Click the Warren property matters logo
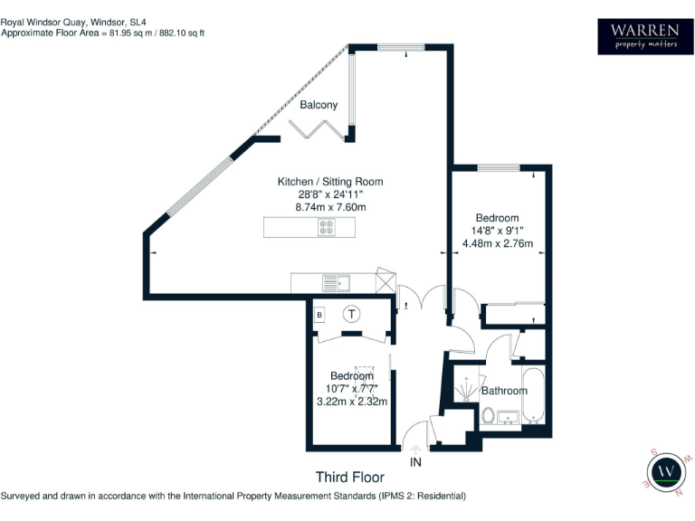pos(643,36)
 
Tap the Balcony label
pos(319,105)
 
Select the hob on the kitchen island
pos(326,228)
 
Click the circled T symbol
pos(352,314)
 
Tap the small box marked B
pos(319,315)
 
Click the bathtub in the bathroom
pos(534,395)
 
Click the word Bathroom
pos(503,391)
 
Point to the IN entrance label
pos(415,462)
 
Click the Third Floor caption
pos(349,478)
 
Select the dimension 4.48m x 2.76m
pos(498,243)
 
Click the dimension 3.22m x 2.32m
pos(351,402)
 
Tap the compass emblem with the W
pos(667,471)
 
